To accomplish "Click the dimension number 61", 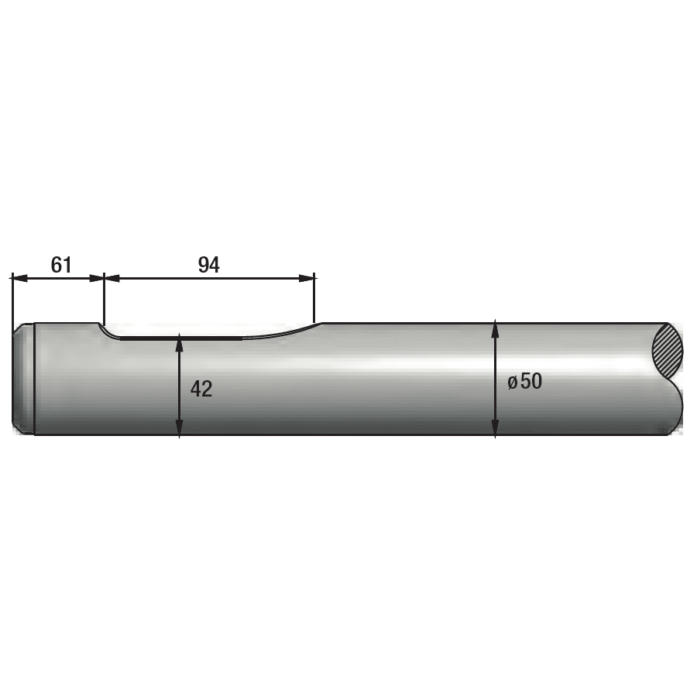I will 61,265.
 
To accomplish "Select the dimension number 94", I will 209,265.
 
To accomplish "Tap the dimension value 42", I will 201,390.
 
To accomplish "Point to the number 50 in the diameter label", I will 531,381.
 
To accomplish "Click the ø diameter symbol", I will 513,382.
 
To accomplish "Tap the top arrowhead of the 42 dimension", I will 179,342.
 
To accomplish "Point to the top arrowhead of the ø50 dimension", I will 495,328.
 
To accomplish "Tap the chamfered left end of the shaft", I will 23,379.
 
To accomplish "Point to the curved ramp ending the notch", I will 287,331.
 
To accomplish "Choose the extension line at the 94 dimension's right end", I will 314,298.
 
